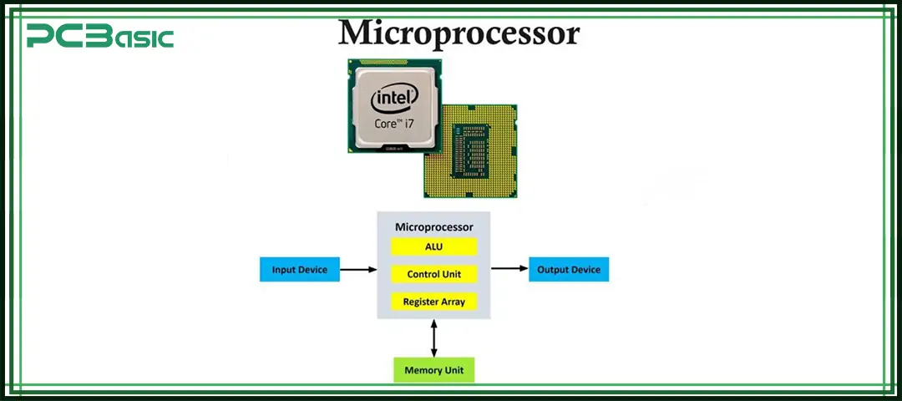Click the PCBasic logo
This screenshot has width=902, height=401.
99,36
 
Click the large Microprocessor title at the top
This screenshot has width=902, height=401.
458,33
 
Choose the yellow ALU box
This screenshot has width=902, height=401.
433,246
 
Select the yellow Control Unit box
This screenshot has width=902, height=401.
433,274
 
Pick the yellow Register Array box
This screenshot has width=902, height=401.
433,302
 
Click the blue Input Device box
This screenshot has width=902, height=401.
300,270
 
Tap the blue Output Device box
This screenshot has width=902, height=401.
570,270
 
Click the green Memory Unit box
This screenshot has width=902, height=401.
433,370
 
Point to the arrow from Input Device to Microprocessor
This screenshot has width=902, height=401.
359,270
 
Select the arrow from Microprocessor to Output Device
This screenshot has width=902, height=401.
509,269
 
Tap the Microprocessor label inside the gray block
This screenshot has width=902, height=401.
433,226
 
